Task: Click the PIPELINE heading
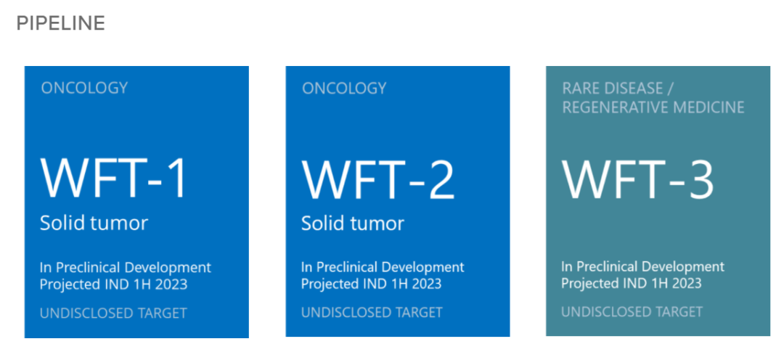(x=60, y=23)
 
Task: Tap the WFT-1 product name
(x=113, y=179)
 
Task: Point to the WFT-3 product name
(x=637, y=179)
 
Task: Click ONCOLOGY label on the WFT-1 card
(x=84, y=89)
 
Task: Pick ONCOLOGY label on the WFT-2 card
(x=345, y=89)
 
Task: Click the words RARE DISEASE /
(x=618, y=89)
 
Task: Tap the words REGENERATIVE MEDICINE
(x=653, y=107)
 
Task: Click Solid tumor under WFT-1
(x=94, y=223)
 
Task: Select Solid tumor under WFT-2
(x=353, y=223)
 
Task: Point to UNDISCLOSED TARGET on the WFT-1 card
(x=113, y=314)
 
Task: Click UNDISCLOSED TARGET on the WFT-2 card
(x=372, y=313)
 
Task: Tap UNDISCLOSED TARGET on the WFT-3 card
(x=632, y=312)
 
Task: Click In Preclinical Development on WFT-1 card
(x=126, y=268)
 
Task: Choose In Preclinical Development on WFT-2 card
(x=383, y=268)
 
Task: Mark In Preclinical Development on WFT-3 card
(x=642, y=266)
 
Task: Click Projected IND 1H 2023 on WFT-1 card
(x=113, y=285)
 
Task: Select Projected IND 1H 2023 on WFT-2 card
(x=371, y=284)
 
